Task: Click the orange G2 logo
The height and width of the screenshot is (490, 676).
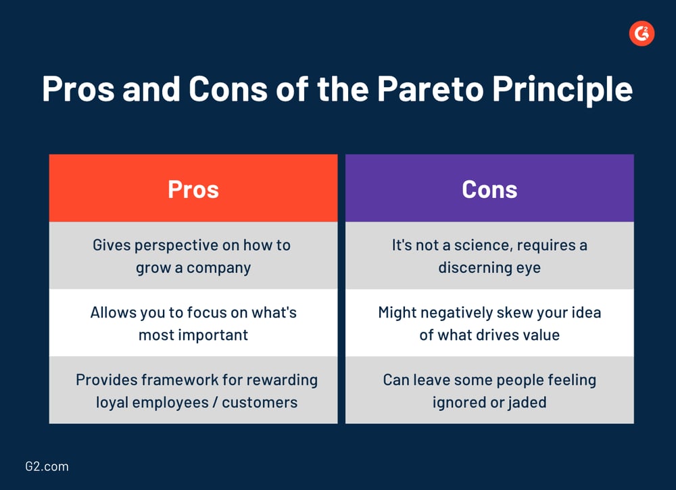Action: pyautogui.click(x=642, y=34)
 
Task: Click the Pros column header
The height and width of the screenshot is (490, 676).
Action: pyautogui.click(x=193, y=189)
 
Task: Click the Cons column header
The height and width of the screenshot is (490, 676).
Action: pyautogui.click(x=489, y=189)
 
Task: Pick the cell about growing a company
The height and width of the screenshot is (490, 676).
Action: pyautogui.click(x=193, y=255)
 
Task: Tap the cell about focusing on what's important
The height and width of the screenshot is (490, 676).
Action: pyautogui.click(x=193, y=323)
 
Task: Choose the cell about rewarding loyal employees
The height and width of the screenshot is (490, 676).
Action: pyautogui.click(x=193, y=390)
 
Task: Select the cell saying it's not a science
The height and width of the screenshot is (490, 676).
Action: pyautogui.click(x=489, y=255)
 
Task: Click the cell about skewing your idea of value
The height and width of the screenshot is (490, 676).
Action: pyautogui.click(x=489, y=323)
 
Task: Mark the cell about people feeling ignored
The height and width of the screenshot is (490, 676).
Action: pyautogui.click(x=489, y=390)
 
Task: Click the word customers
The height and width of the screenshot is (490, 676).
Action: pyautogui.click(x=260, y=402)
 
